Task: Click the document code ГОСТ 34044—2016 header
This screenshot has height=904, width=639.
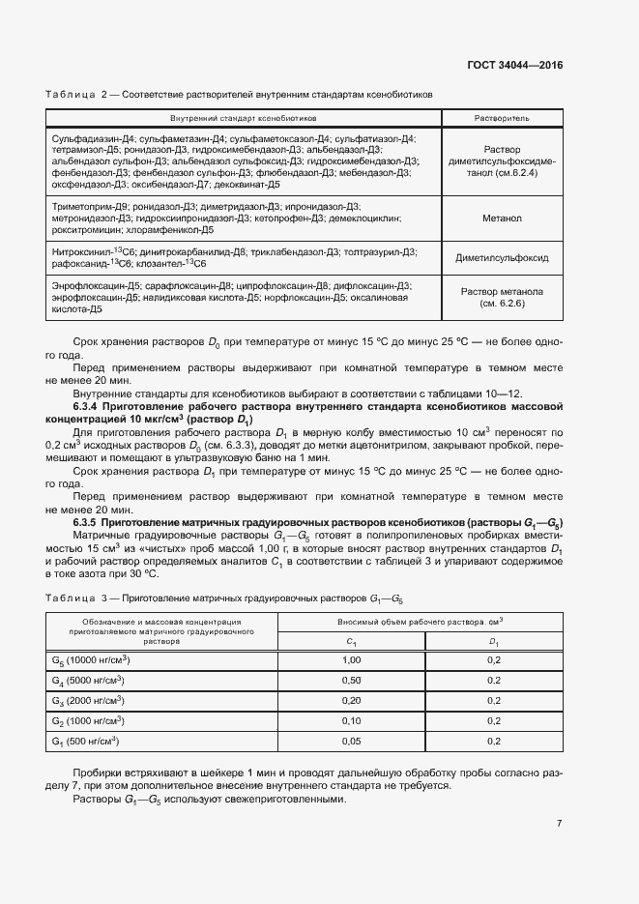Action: click(x=515, y=65)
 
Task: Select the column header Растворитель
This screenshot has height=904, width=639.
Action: click(x=501, y=117)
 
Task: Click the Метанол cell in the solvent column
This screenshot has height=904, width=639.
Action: click(x=502, y=219)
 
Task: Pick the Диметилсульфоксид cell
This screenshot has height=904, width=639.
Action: click(x=502, y=258)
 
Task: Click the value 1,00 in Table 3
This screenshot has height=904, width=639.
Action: click(x=352, y=660)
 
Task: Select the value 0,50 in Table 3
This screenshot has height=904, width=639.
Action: click(x=352, y=681)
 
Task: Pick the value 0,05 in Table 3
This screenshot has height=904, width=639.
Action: click(x=352, y=742)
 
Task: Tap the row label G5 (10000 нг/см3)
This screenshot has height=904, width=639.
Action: click(x=91, y=660)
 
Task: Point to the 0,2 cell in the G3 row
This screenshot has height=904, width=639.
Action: click(x=494, y=701)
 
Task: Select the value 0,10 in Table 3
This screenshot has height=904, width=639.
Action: click(x=352, y=721)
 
